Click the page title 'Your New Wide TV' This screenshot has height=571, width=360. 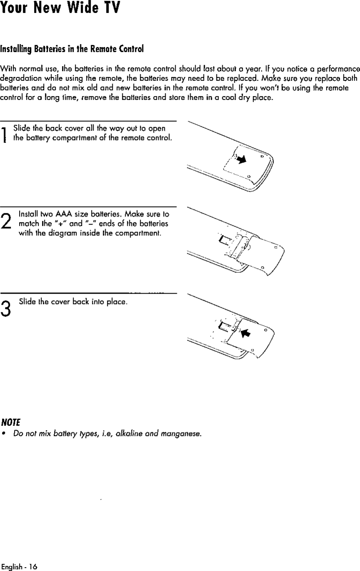tap(60, 8)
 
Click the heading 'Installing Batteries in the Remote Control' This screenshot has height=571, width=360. tap(72, 49)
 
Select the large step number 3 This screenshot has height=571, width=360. tap(5, 308)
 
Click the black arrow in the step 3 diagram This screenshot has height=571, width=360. tap(246, 332)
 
